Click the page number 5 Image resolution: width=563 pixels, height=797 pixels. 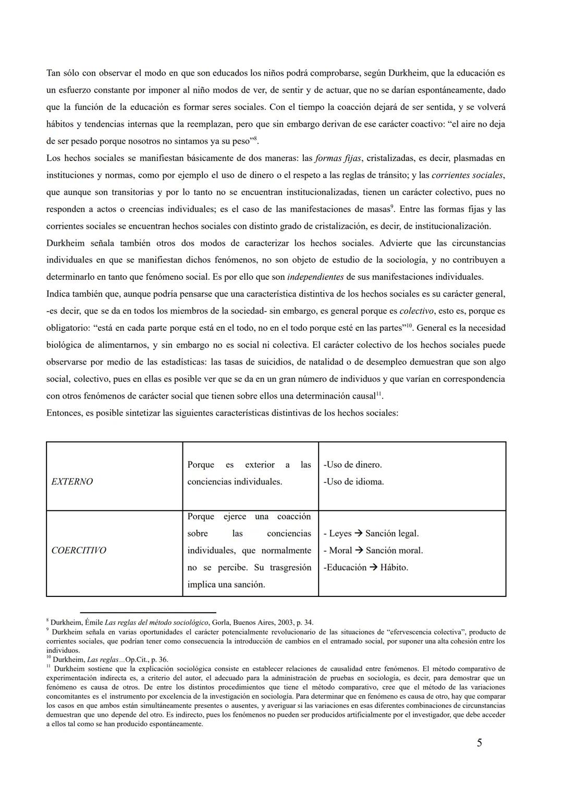pos(479,743)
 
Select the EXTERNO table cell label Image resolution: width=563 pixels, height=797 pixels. pos(72,482)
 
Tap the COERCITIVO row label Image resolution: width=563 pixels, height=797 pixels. pos(78,551)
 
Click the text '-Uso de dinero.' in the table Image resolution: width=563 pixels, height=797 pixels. pos(352,465)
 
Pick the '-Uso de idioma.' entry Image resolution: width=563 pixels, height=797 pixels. pos(353,482)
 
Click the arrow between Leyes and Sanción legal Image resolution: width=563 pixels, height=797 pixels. pos(359,534)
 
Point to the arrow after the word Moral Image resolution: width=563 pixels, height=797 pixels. pos(359,551)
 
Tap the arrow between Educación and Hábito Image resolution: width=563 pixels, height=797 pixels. pos(373,568)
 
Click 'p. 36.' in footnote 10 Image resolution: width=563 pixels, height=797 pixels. pos(160,659)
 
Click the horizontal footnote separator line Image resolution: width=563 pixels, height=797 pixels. pos(148,613)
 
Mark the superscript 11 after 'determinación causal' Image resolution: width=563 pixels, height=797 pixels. pos(379,394)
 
